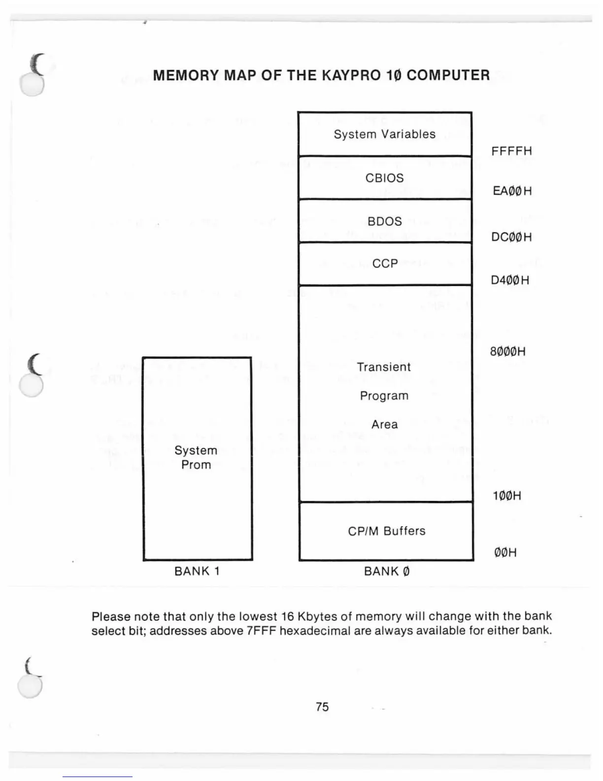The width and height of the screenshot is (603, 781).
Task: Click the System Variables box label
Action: pyautogui.click(x=384, y=134)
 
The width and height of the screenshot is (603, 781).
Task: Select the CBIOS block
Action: pyautogui.click(x=384, y=178)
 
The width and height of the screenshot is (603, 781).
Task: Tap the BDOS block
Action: pyautogui.click(x=384, y=221)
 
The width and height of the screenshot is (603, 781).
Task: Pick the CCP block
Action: pyautogui.click(x=385, y=264)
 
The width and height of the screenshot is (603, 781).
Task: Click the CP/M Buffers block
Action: pyautogui.click(x=386, y=531)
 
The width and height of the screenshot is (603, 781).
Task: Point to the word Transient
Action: pyautogui.click(x=384, y=367)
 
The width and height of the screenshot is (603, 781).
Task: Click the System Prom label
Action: pyautogui.click(x=196, y=458)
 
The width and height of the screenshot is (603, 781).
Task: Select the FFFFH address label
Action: pyautogui.click(x=511, y=151)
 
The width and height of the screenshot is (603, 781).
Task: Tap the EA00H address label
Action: pyautogui.click(x=512, y=191)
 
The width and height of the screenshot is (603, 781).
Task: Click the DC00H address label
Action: pyautogui.click(x=511, y=237)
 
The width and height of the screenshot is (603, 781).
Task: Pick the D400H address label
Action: pyautogui.click(x=510, y=281)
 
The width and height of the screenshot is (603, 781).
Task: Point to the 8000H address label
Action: pyautogui.click(x=507, y=352)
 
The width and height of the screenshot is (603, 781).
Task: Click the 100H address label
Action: pyautogui.click(x=506, y=496)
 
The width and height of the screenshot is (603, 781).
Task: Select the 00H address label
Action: pyautogui.click(x=505, y=553)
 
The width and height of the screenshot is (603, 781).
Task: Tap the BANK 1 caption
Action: pyautogui.click(x=197, y=571)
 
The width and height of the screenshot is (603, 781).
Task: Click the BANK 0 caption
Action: pyautogui.click(x=387, y=571)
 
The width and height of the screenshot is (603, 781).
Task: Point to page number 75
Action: pyautogui.click(x=322, y=707)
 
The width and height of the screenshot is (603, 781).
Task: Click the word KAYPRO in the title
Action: pyautogui.click(x=351, y=75)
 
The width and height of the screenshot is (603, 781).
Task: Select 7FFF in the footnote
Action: pyautogui.click(x=261, y=631)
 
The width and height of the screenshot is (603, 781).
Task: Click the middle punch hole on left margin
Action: pyautogui.click(x=32, y=385)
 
